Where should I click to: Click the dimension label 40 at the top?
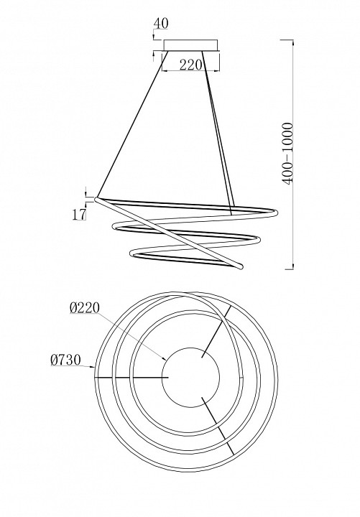coord(161,24)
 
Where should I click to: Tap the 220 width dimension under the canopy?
coord(190,65)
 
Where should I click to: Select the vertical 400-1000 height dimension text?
coord(287,154)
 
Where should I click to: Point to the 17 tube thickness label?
coord(79,214)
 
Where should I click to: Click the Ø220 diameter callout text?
coord(85,307)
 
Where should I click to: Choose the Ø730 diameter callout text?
coord(65,360)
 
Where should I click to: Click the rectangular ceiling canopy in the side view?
coord(190,45)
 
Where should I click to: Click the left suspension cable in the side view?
coord(133,124)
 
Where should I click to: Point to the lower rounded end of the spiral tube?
coord(239,265)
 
